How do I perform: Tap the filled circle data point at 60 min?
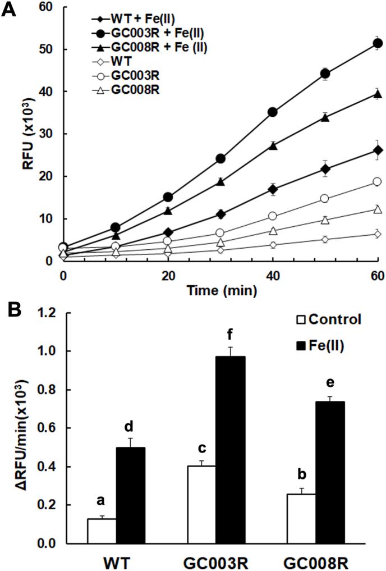pos(378,43)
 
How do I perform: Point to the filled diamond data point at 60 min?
pos(378,150)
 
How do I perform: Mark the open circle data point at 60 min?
pos(378,181)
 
